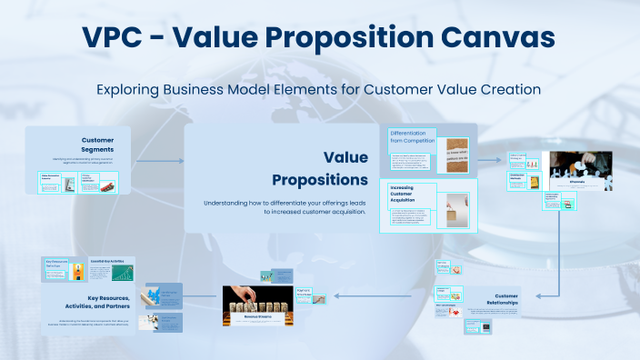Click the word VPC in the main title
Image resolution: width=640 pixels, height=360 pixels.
(121, 38)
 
